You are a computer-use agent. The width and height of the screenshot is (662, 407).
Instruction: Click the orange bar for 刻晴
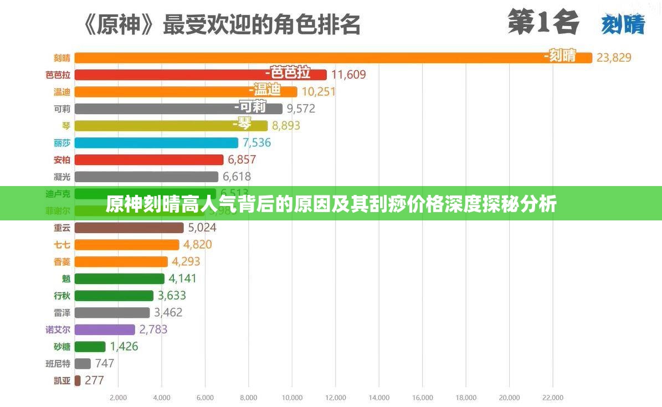pyautogui.click(x=332, y=58)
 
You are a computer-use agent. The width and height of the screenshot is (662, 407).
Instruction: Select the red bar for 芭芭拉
pyautogui.click(x=200, y=75)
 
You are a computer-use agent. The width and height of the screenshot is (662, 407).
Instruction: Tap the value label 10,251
pyautogui.click(x=319, y=91)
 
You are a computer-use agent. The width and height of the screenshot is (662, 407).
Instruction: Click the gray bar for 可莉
pyautogui.click(x=178, y=109)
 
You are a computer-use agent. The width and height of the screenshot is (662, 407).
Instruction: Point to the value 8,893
pyautogui.click(x=286, y=126)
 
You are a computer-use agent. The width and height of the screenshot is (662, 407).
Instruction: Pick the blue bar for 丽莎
pyautogui.click(x=156, y=143)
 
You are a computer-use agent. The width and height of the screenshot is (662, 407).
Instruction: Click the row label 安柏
pyautogui.click(x=61, y=160)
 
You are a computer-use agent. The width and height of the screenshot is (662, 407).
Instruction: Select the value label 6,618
pyautogui.click(x=237, y=177)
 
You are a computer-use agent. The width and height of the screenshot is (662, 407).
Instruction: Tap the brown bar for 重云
pyautogui.click(x=129, y=228)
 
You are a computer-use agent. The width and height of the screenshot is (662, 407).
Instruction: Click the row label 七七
pyautogui.click(x=61, y=245)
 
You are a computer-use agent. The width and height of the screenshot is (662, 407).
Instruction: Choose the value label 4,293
pyautogui.click(x=186, y=261)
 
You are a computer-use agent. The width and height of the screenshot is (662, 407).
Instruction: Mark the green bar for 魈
pyautogui.click(x=119, y=279)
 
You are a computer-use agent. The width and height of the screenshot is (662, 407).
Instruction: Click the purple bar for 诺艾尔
pyautogui.click(x=104, y=329)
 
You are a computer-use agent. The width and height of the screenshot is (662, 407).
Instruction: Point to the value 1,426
pyautogui.click(x=124, y=347)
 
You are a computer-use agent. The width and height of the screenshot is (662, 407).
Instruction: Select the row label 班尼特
pyautogui.click(x=58, y=364)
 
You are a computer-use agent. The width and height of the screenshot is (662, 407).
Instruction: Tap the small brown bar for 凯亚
pyautogui.click(x=78, y=380)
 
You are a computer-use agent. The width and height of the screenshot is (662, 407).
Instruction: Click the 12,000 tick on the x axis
pyautogui.click(x=335, y=398)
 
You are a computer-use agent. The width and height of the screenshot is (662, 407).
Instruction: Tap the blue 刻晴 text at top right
pyautogui.click(x=623, y=25)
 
